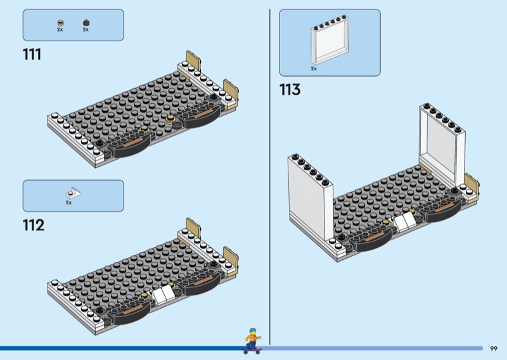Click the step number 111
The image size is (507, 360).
[x=32, y=55]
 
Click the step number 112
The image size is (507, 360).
[x=34, y=225]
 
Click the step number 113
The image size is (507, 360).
[x=290, y=89]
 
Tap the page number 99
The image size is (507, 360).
[x=494, y=349]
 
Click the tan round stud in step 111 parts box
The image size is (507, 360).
[x=60, y=23]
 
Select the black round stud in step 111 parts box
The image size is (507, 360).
[x=86, y=23]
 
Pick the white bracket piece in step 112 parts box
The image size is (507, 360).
[x=74, y=193]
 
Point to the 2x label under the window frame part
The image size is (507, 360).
[x=314, y=68]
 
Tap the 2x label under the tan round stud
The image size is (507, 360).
[x=60, y=29]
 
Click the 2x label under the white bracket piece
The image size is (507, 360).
[x=68, y=203]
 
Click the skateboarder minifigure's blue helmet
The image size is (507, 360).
[x=252, y=331]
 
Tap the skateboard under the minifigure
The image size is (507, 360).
[x=252, y=350]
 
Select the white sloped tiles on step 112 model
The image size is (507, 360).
[x=163, y=294]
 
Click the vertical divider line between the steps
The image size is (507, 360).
[x=270, y=177]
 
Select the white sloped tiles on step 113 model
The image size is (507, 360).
[x=404, y=221]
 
